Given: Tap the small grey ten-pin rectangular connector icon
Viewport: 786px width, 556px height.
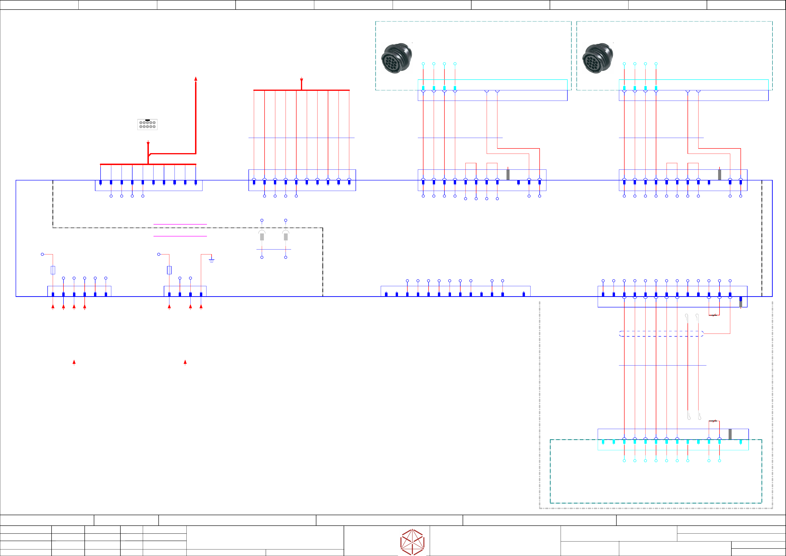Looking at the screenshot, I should pos(147,124).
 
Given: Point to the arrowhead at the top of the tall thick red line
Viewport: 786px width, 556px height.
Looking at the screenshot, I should pos(196,79).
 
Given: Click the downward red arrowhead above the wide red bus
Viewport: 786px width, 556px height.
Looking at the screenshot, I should pos(301,80).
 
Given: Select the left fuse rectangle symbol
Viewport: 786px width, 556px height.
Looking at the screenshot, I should pos(53,270).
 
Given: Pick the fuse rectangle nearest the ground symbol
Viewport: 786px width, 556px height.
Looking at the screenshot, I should pos(169,270).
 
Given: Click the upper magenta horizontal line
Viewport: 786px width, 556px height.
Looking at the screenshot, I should pos(180,224).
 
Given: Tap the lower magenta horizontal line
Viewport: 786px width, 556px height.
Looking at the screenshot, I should pos(180,236).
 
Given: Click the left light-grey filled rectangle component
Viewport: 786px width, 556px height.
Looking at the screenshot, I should pos(262,237).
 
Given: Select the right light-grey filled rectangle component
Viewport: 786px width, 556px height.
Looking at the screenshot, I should pos(286,237).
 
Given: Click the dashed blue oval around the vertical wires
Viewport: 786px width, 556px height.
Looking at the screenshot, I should pos(661,334).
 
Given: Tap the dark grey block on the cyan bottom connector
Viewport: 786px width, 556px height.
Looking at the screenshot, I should pos(730,434).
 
